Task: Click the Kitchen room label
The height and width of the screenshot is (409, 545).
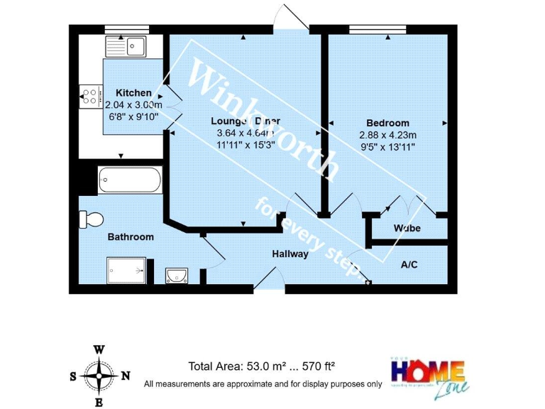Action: tap(133, 93)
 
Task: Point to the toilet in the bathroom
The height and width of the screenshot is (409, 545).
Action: tap(91, 219)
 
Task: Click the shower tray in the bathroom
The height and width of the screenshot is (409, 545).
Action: tap(128, 270)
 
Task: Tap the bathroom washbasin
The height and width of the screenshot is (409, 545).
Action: tap(176, 275)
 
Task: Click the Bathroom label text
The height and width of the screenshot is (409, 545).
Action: tap(131, 237)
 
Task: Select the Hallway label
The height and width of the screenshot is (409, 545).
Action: tap(290, 253)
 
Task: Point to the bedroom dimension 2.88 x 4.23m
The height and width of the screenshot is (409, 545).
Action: tap(387, 134)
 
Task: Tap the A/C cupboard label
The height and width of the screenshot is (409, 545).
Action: tap(409, 265)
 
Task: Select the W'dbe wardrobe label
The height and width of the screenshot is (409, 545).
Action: tap(407, 229)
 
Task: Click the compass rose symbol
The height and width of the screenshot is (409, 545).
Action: tap(99, 376)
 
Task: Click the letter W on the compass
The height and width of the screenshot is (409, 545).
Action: tap(100, 349)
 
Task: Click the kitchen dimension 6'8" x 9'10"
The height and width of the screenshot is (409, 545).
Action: tap(133, 115)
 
